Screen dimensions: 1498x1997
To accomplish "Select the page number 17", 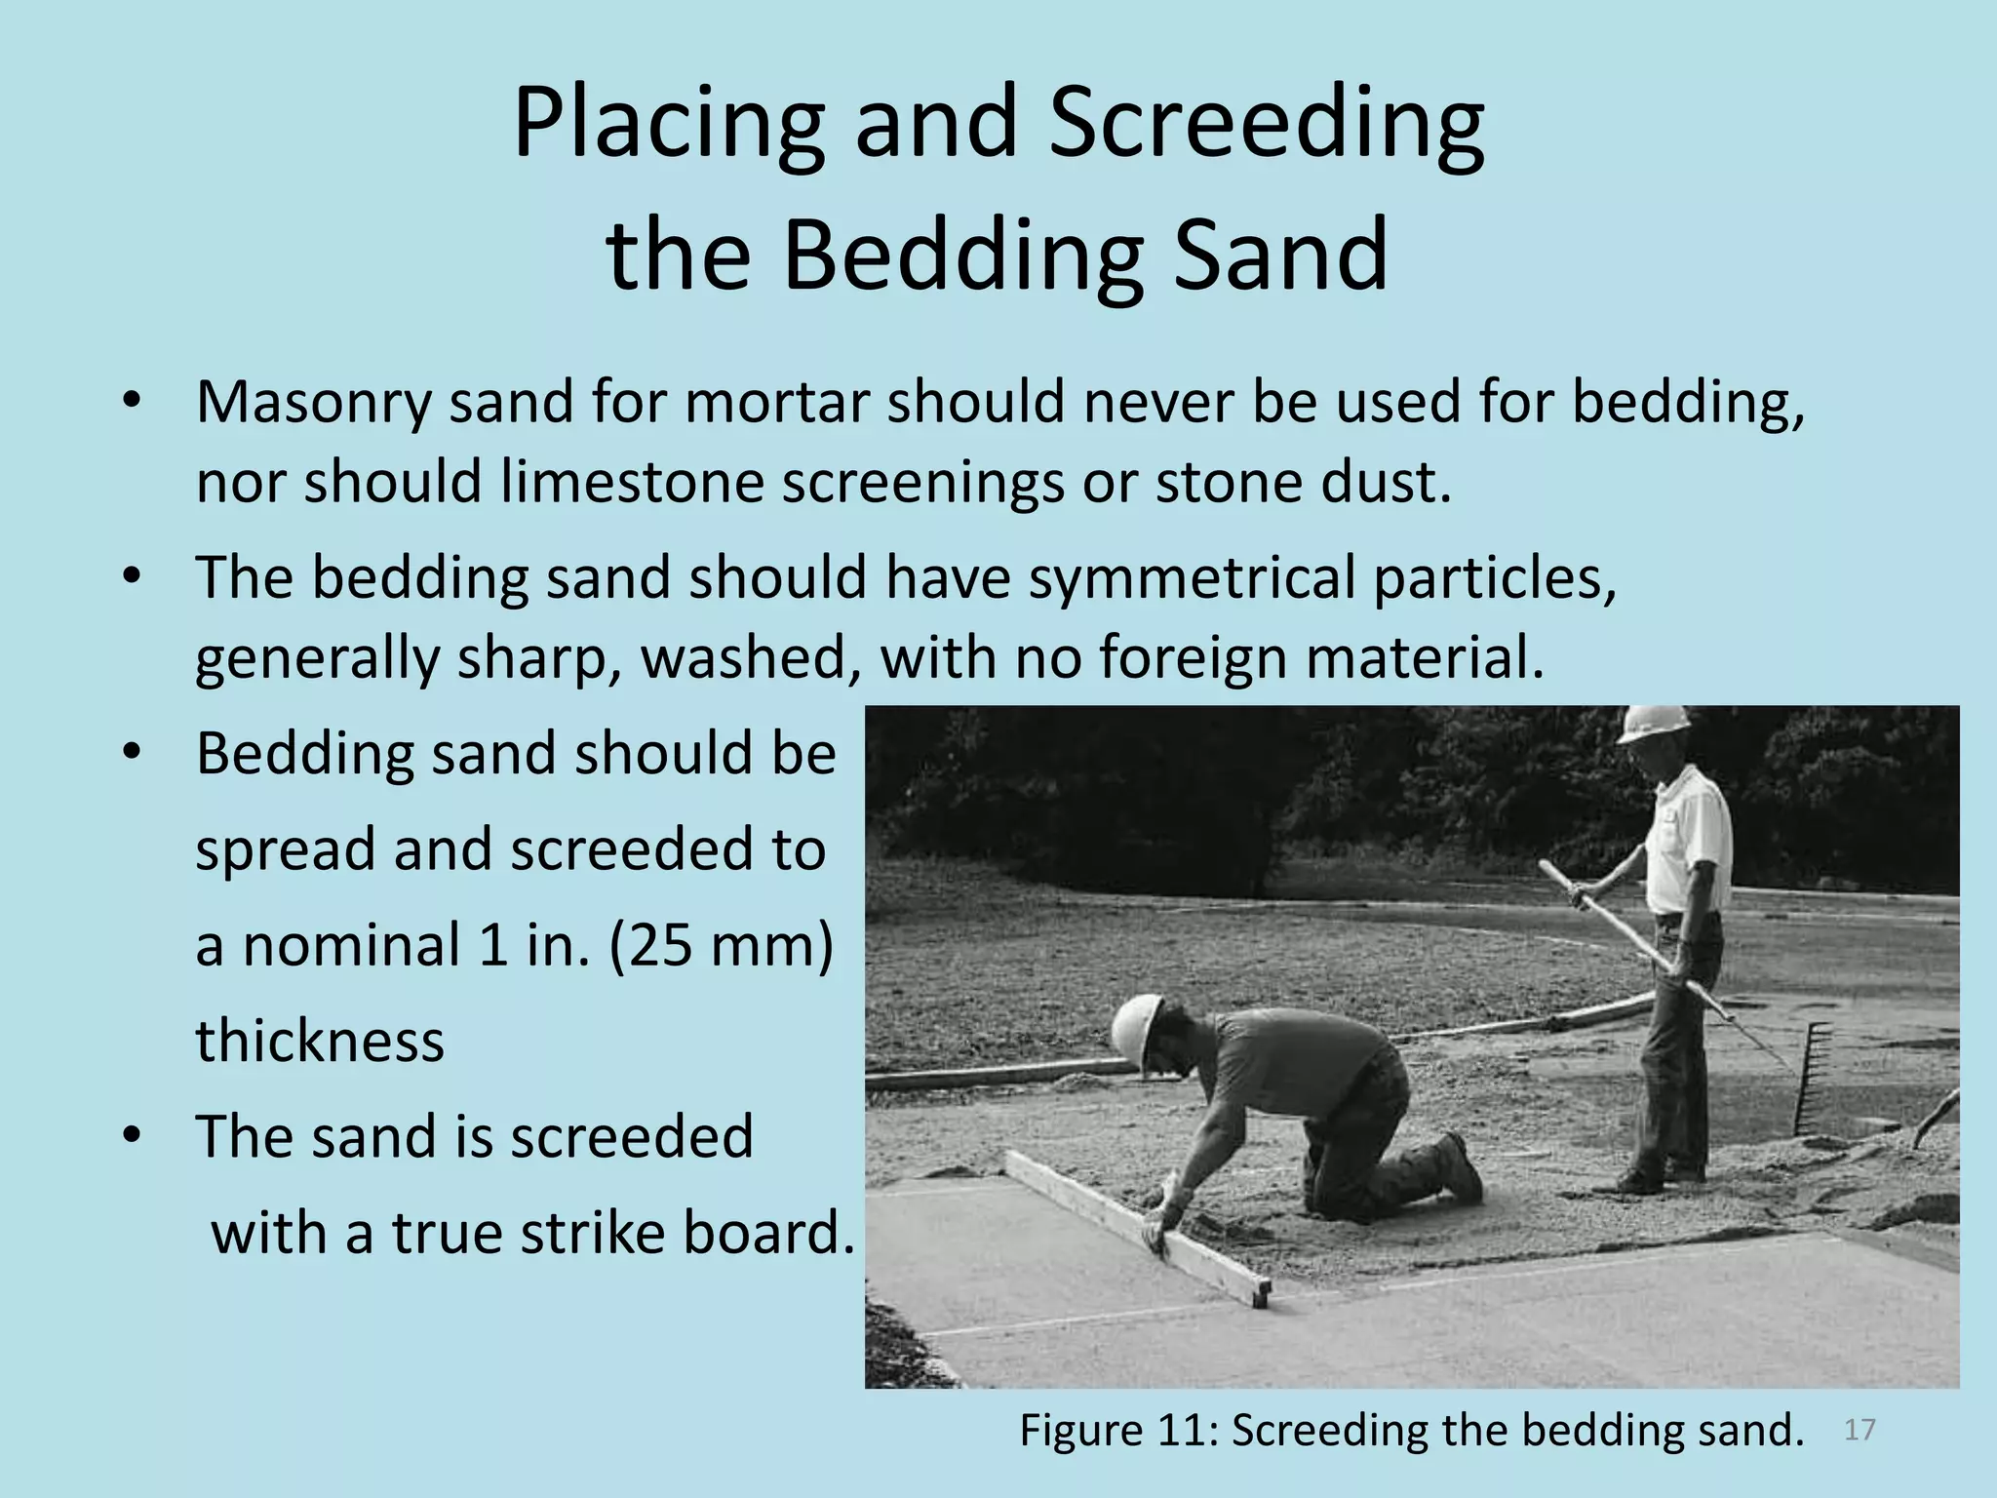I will (x=1860, y=1430).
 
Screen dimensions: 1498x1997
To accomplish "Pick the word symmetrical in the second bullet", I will (x=1192, y=577).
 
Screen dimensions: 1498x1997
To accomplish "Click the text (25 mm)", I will (x=721, y=945).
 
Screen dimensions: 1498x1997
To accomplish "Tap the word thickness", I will (x=320, y=1040).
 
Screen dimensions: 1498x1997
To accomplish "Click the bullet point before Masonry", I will (x=133, y=402).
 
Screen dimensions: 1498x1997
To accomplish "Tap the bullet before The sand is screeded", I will (x=133, y=1136).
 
